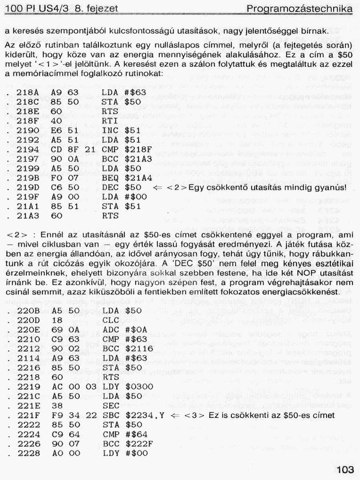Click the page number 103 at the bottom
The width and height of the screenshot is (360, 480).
(345, 469)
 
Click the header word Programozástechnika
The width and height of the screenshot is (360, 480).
(300, 8)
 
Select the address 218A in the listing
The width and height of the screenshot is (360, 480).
(28, 92)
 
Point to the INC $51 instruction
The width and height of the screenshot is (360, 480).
(122, 131)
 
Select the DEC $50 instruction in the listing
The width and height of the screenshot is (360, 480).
(122, 187)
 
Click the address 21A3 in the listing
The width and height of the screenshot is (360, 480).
(28, 216)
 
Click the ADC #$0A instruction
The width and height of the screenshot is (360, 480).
(124, 330)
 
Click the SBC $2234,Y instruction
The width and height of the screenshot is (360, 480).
(132, 416)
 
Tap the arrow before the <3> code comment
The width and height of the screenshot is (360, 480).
(174, 416)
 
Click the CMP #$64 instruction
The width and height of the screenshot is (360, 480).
(124, 434)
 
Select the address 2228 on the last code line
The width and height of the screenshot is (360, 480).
(28, 454)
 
